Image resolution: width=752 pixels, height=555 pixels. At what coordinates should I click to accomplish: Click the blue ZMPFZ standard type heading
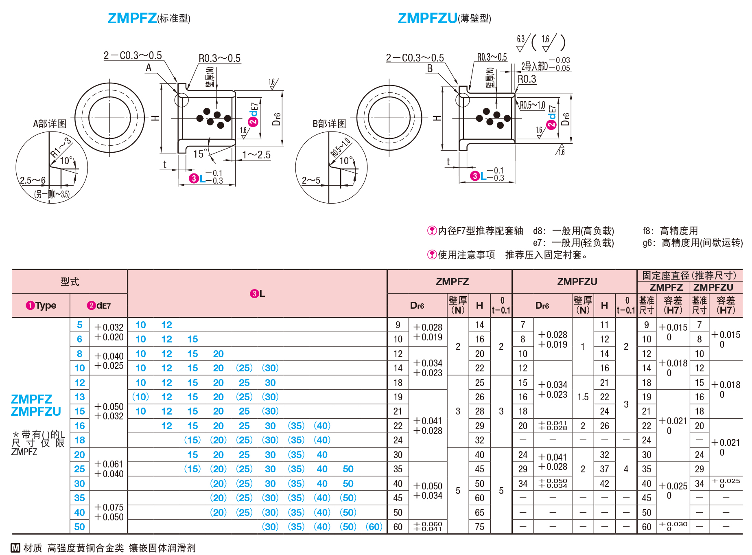132,18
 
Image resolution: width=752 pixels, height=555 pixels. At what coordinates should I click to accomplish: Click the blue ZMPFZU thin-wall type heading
427,18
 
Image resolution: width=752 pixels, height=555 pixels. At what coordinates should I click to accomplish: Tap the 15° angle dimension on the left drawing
200,154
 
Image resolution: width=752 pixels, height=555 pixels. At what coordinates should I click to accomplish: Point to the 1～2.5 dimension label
256,155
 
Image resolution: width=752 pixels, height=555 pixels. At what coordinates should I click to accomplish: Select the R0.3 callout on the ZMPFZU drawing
527,79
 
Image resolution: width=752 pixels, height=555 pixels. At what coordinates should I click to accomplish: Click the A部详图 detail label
50,124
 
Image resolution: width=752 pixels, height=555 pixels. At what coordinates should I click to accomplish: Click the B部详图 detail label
329,124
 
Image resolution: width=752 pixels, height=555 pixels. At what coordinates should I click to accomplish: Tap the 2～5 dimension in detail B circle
311,180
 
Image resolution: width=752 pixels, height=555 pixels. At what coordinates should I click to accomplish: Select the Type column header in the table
42,305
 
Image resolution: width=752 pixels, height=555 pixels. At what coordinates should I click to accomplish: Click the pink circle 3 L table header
257,294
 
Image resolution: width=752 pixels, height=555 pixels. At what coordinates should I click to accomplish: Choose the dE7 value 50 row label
80,527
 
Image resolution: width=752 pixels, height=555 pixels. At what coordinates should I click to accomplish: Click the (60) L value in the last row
374,527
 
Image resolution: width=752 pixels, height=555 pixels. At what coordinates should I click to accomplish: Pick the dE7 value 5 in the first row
80,325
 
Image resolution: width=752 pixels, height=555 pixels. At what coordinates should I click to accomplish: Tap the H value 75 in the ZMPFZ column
480,527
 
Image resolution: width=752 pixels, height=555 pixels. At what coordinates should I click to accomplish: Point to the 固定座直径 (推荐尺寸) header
689,276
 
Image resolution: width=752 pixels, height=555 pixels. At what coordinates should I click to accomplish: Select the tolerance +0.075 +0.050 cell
109,512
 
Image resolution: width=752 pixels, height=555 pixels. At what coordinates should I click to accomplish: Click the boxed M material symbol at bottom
15,548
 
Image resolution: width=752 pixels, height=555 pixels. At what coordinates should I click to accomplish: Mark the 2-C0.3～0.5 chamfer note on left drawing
133,55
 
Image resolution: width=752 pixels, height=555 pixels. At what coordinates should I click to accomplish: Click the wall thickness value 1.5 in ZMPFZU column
583,397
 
